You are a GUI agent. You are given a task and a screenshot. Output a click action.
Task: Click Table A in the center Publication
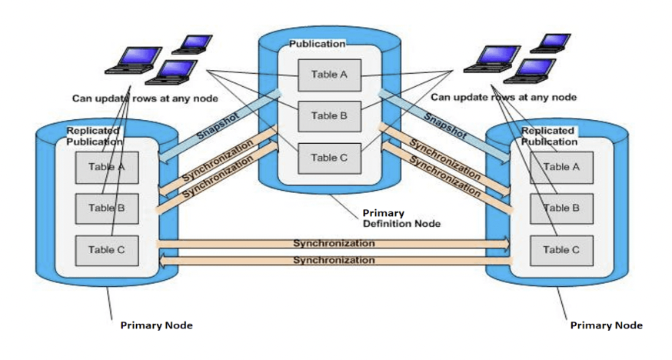[329, 74]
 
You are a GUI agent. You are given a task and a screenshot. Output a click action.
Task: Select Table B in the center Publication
[329, 116]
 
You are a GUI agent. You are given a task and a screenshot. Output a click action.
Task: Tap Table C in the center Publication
[329, 158]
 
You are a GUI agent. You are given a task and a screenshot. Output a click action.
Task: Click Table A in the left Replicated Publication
[106, 167]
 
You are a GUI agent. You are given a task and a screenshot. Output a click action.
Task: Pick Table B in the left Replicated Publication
[106, 208]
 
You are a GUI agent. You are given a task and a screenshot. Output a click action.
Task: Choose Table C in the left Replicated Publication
[106, 249]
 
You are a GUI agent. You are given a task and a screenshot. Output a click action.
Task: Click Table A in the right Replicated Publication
[561, 167]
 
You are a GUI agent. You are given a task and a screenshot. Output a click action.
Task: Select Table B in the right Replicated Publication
[561, 208]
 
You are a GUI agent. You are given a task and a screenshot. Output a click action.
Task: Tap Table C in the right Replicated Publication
[561, 249]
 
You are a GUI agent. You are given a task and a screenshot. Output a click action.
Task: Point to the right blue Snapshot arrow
[444, 124]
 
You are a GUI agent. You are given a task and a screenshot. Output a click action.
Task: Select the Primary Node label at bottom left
[156, 325]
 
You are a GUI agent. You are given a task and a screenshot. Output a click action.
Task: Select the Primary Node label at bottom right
[606, 325]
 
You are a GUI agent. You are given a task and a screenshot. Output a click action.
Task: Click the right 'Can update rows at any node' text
[504, 98]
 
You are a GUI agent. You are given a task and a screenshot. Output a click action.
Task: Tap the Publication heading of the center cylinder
[317, 44]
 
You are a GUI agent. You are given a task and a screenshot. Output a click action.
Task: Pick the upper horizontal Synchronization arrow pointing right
[333, 243]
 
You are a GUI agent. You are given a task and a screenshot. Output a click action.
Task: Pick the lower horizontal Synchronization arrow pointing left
[333, 262]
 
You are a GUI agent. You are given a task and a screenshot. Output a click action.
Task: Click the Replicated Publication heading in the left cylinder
[94, 136]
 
